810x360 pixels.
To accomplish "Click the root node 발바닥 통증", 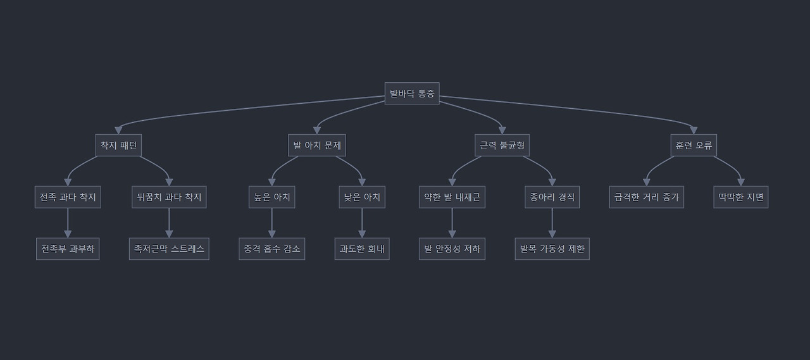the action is click(411, 94).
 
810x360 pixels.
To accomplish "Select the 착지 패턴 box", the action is click(118, 146).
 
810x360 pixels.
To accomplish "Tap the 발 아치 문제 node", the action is click(316, 146).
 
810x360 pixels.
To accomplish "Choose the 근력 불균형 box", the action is click(502, 146).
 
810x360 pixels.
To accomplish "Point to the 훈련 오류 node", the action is click(694, 146).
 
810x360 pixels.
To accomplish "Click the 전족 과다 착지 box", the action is click(68, 197).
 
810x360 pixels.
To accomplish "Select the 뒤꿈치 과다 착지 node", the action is click(169, 197).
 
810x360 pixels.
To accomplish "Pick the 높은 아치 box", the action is click(272, 197).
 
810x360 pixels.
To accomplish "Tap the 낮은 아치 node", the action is click(362, 197).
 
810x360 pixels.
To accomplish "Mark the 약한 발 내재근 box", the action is click(452, 197).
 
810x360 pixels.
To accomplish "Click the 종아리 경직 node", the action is click(552, 197).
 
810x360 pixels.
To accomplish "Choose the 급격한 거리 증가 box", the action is click(646, 197).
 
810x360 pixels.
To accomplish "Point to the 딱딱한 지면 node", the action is click(740, 197).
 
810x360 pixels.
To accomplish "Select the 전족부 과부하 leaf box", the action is click(68, 249).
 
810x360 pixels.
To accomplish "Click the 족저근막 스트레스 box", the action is click(169, 249).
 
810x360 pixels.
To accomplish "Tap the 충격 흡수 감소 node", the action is click(272, 249).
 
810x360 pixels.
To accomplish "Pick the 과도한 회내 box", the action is click(362, 249).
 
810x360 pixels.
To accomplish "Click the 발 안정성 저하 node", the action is click(452, 249).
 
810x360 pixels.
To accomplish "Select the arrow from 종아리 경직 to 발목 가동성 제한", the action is click(552, 223).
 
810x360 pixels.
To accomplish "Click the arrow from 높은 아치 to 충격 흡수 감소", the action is click(272, 223).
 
